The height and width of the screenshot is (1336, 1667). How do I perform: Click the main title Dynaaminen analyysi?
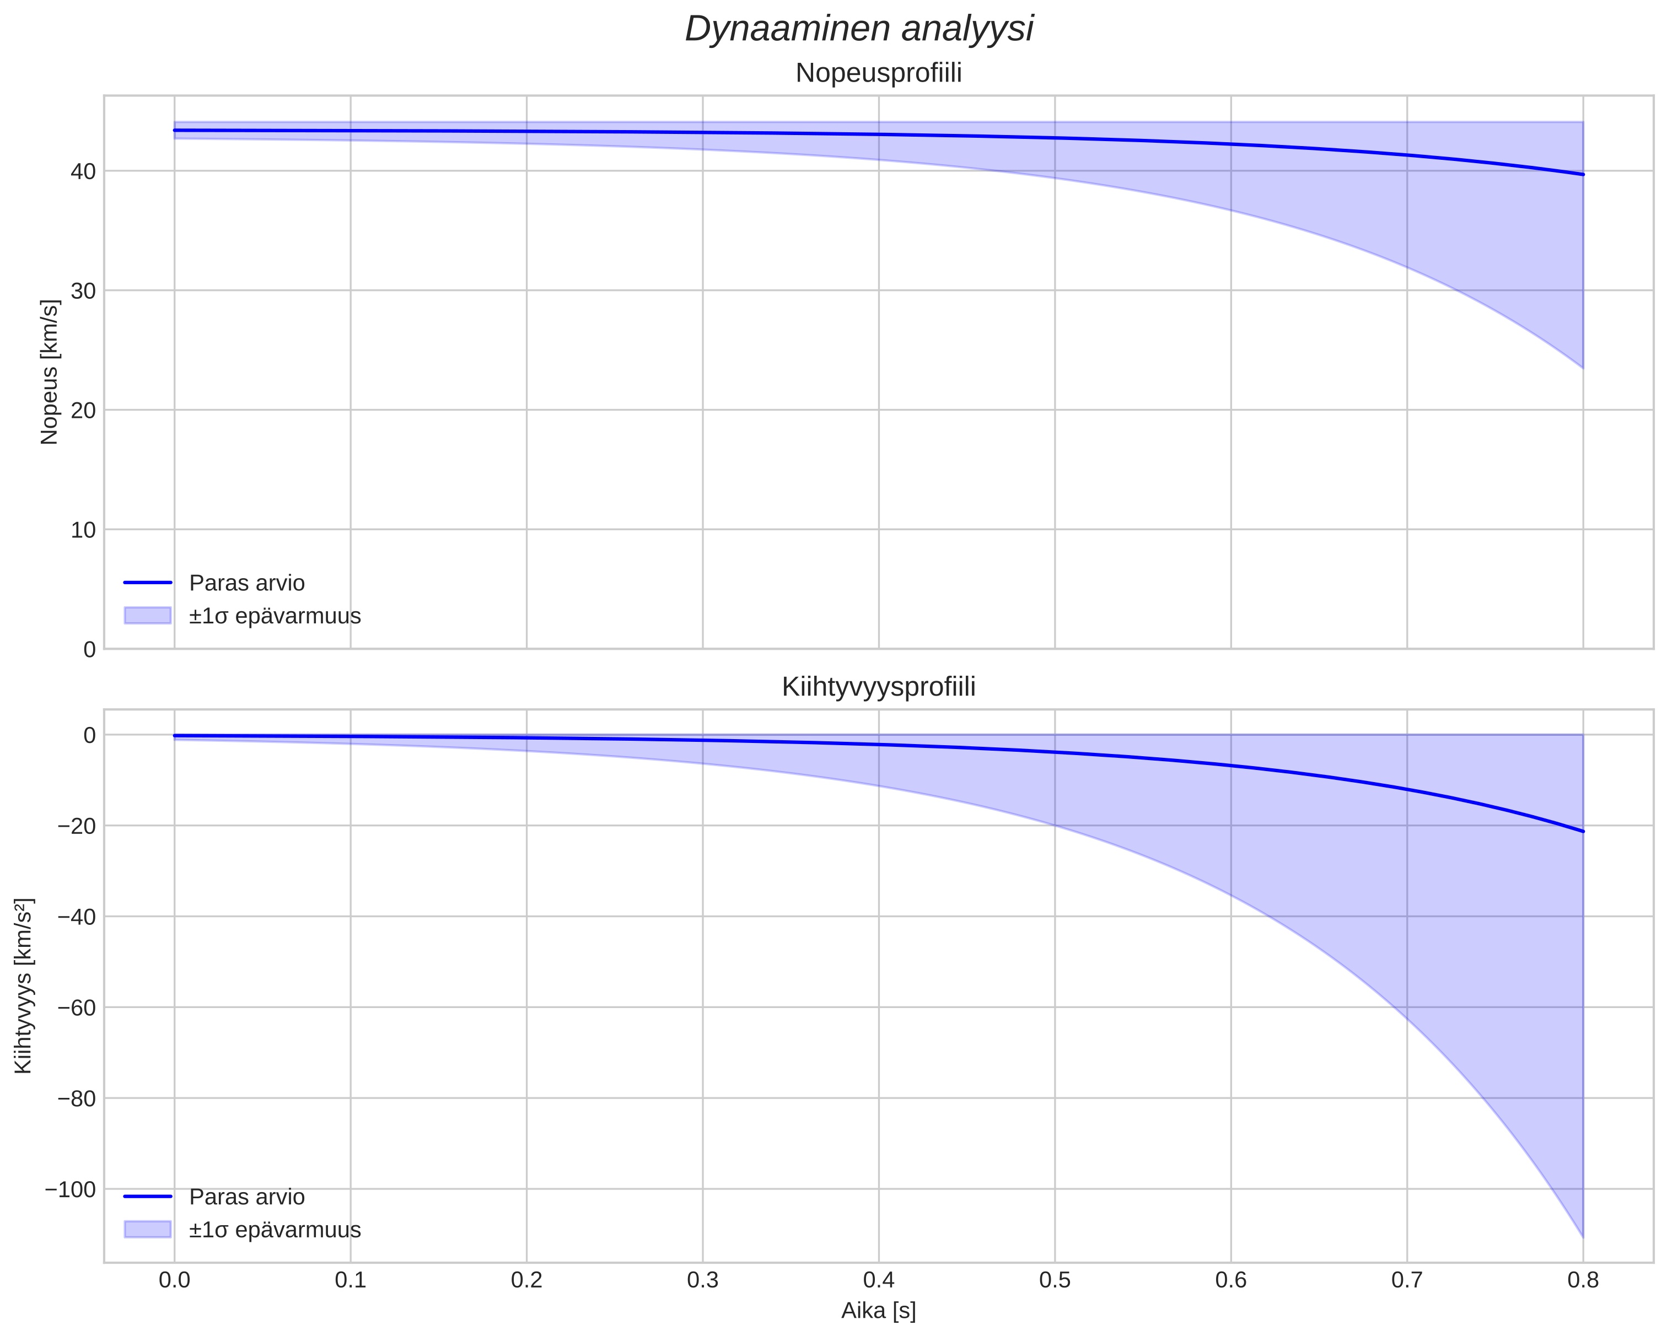click(x=859, y=29)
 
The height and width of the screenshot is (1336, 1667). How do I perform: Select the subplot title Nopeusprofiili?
click(x=878, y=73)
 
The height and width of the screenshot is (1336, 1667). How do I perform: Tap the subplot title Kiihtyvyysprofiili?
click(x=878, y=687)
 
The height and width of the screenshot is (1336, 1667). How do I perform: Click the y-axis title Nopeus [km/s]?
click(x=50, y=372)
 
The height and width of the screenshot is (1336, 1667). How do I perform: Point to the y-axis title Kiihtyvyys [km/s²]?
click(x=24, y=986)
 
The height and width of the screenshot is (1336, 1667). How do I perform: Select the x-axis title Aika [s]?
click(x=878, y=1311)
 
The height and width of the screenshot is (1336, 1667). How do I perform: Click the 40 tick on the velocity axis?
click(x=83, y=171)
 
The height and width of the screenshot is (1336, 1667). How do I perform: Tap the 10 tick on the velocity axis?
click(x=83, y=530)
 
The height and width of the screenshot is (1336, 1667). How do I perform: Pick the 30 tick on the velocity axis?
click(x=83, y=290)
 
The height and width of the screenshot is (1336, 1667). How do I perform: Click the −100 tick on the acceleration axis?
click(x=71, y=1189)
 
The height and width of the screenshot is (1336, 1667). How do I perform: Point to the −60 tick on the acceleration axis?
click(x=77, y=1008)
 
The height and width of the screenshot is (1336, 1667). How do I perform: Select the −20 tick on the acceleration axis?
click(x=77, y=826)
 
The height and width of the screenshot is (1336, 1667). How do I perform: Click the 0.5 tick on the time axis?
click(x=1055, y=1280)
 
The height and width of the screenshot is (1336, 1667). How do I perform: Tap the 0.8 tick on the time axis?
click(x=1583, y=1280)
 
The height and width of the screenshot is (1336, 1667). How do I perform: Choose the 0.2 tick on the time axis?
click(x=526, y=1280)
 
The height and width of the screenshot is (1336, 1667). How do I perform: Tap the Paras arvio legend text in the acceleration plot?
click(x=246, y=1197)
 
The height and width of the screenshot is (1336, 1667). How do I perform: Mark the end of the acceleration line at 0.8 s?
click(x=1583, y=831)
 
